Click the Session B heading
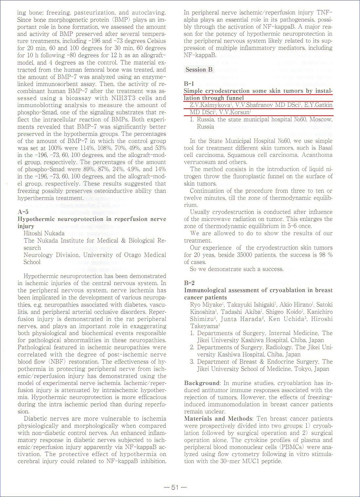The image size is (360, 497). tap(199, 69)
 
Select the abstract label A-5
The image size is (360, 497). tap(23, 212)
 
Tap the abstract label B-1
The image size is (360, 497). tap(189, 83)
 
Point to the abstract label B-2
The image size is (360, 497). tap(189, 283)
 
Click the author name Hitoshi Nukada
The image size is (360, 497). tap(44, 233)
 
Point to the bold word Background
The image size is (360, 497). tap(202, 383)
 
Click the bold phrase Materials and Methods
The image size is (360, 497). tap(218, 419)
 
